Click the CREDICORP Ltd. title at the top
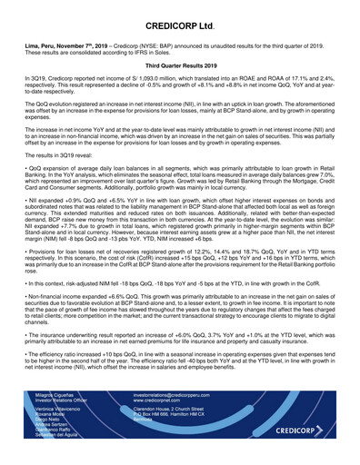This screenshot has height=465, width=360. click(180, 16)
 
